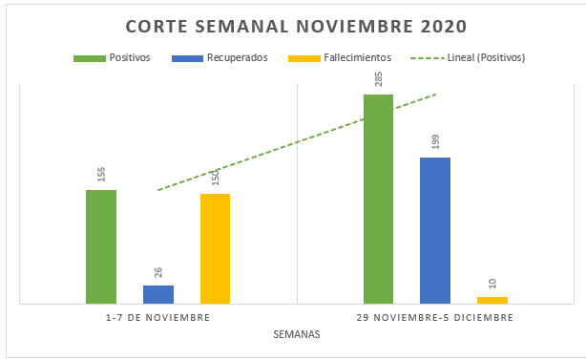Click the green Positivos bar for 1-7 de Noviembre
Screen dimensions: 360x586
coord(101,246)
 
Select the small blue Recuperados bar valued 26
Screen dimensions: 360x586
coord(158,294)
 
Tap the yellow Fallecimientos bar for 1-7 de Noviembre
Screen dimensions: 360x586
coord(216,248)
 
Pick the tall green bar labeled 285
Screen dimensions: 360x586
coord(378,199)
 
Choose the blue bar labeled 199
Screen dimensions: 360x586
coord(435,230)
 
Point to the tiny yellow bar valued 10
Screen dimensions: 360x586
coord(492,300)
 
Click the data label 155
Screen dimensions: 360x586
coord(101,175)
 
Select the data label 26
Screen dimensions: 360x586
coord(158,271)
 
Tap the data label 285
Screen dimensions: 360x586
coord(378,78)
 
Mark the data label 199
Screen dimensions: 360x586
coord(435,142)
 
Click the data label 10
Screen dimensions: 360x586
coord(492,284)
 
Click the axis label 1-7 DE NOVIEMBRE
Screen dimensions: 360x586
coord(158,316)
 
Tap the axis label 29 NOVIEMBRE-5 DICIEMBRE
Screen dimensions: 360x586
coord(435,316)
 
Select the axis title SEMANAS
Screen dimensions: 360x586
coord(296,334)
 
